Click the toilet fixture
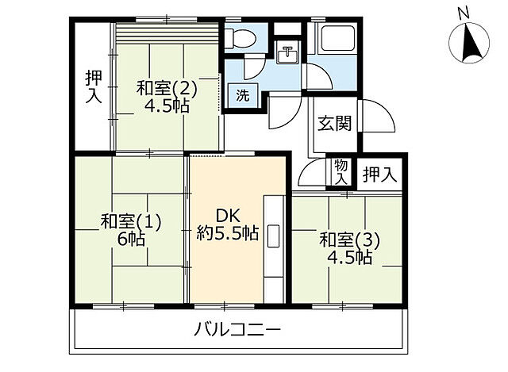[x=241, y=37]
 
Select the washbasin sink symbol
[x=287, y=56]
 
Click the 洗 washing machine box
[x=242, y=96]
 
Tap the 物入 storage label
[x=341, y=171]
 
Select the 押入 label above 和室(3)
[x=379, y=174]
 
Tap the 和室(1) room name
[x=131, y=221]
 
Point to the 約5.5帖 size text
[x=228, y=233]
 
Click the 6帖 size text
[x=130, y=239]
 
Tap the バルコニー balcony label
[x=238, y=329]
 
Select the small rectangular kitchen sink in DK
[x=274, y=236]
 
